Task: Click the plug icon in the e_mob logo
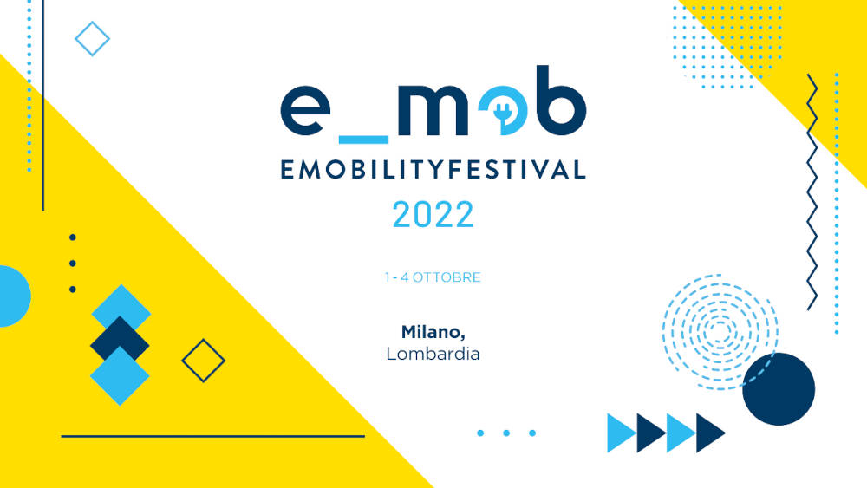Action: [503, 113]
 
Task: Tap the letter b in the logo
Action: [561, 101]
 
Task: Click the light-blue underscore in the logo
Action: [363, 140]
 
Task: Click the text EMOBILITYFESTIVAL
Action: [433, 169]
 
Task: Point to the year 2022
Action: [433, 214]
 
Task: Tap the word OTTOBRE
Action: [447, 277]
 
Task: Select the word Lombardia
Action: [433, 354]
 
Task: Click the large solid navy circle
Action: [779, 389]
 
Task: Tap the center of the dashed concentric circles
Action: [720, 332]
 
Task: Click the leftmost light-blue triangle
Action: [622, 433]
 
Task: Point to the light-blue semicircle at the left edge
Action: [15, 296]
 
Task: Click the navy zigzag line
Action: [812, 192]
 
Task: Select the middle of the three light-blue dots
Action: [506, 433]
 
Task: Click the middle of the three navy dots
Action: [73, 264]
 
